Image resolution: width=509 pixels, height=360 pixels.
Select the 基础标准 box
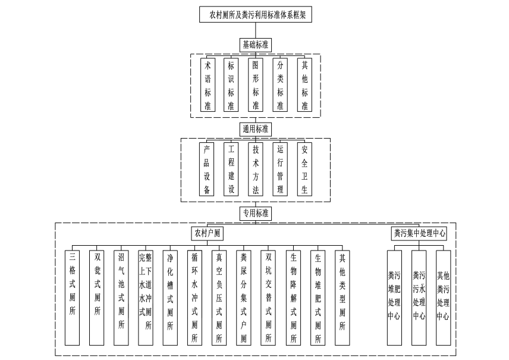point(255,45)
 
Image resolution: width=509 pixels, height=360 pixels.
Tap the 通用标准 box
point(255,129)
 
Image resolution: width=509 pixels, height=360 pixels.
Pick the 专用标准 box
point(255,212)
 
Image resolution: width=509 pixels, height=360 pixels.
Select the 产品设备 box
point(207,169)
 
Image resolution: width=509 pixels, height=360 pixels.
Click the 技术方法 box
point(256,169)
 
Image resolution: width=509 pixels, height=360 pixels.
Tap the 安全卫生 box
point(304,169)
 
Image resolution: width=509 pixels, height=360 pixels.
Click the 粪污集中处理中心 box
point(419,233)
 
